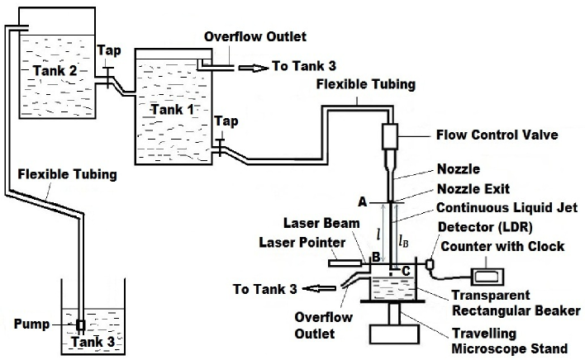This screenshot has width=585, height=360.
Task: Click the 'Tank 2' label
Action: coord(55,71)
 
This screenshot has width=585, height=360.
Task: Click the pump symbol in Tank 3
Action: coord(81,324)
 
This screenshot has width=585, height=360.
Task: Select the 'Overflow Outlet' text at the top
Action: coord(255,37)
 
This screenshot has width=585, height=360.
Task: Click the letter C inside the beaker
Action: coord(404,270)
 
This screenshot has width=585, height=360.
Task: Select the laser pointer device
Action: coord(345,264)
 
